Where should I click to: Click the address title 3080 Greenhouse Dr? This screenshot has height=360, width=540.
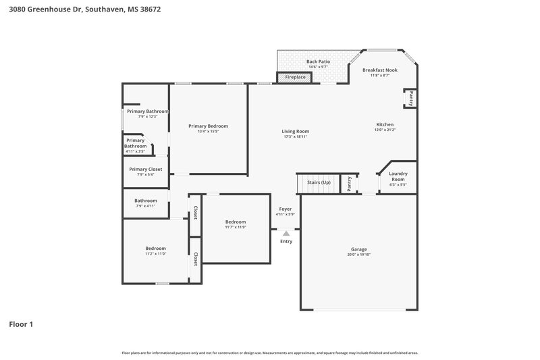(84, 10)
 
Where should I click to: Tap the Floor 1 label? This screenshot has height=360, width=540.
(21, 324)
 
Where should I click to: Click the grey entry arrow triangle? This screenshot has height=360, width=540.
(286, 233)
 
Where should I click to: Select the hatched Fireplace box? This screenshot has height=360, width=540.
(295, 78)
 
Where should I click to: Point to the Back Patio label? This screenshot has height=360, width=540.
(317, 61)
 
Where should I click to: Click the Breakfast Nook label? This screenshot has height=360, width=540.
(380, 70)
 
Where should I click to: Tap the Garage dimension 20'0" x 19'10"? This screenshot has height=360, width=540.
(358, 254)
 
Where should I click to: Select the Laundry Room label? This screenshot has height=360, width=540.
(398, 176)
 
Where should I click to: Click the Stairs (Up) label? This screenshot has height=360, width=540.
(319, 182)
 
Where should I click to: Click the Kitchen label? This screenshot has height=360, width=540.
(385, 125)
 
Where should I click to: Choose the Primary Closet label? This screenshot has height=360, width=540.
(146, 169)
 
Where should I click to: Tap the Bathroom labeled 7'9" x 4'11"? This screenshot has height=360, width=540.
(145, 201)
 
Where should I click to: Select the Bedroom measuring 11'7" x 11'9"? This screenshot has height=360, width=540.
(236, 222)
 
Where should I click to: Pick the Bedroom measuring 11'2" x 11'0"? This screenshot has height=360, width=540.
(155, 249)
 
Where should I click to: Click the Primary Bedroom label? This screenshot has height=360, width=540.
(208, 126)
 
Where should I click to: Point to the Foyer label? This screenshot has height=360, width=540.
(285, 209)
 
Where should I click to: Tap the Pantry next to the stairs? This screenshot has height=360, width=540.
(349, 183)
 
